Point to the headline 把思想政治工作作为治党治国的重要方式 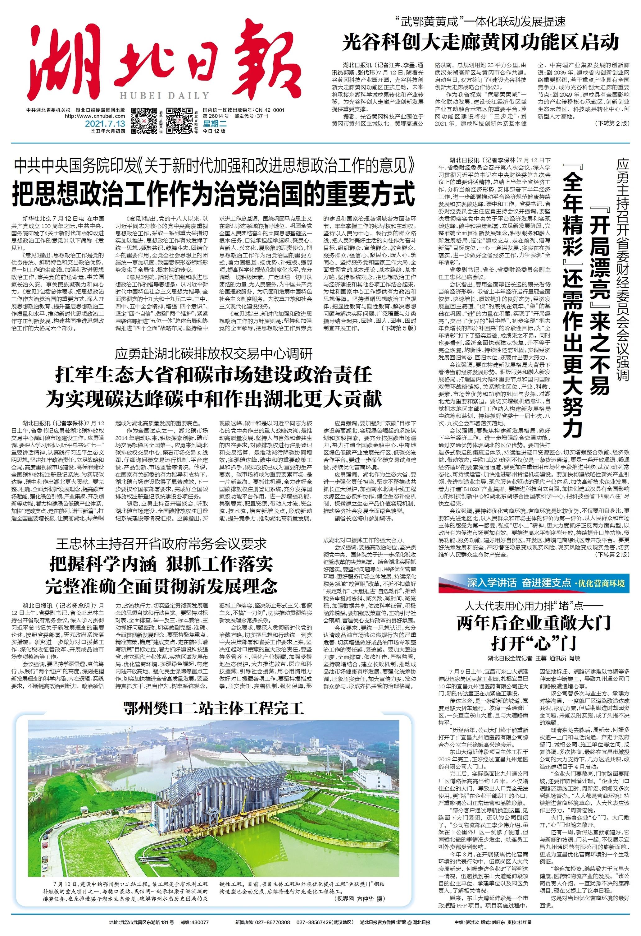(213, 194)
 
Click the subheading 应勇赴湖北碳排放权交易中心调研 (214, 354)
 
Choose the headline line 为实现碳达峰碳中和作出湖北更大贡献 (214, 399)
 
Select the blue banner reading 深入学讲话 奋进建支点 (519, 583)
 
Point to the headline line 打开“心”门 (534, 643)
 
